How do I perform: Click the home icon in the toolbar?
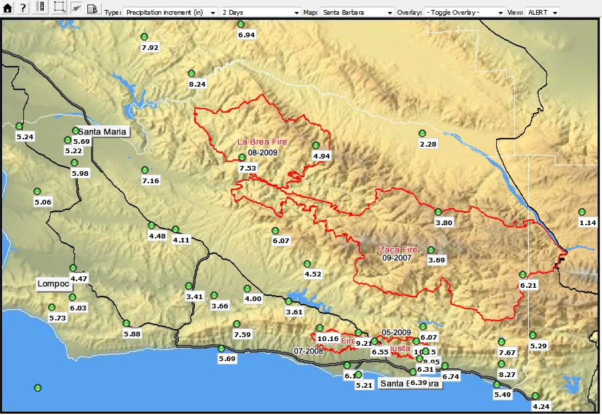[8, 8]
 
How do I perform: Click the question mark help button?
[23, 8]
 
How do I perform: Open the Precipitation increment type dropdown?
[170, 13]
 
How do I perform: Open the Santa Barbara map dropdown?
[357, 13]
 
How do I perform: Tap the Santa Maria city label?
[102, 132]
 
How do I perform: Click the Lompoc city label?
[53, 284]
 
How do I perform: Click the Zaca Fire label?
[398, 250]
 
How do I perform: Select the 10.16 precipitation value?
[328, 338]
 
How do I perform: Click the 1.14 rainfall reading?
[587, 222]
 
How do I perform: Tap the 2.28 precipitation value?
[428, 144]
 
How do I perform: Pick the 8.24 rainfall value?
[197, 84]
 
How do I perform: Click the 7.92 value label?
[150, 47]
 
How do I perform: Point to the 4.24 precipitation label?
[541, 406]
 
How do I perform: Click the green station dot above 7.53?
[241, 157]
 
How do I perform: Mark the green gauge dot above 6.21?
[523, 274]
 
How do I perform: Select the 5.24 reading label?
[25, 137]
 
